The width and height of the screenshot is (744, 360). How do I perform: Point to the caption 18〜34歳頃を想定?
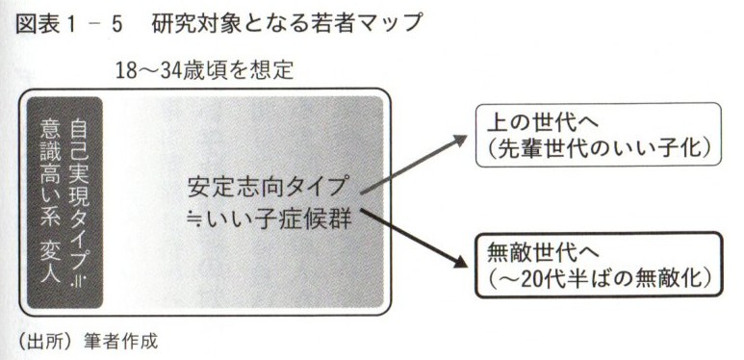point(202,70)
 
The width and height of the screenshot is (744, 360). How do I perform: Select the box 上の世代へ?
point(599,135)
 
